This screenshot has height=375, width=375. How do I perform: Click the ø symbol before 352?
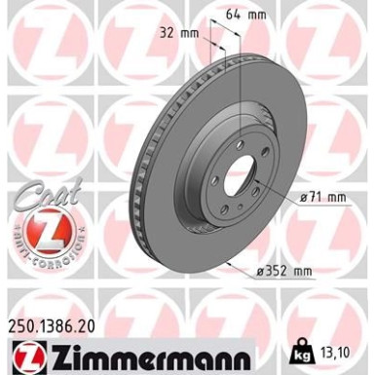[260, 270]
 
